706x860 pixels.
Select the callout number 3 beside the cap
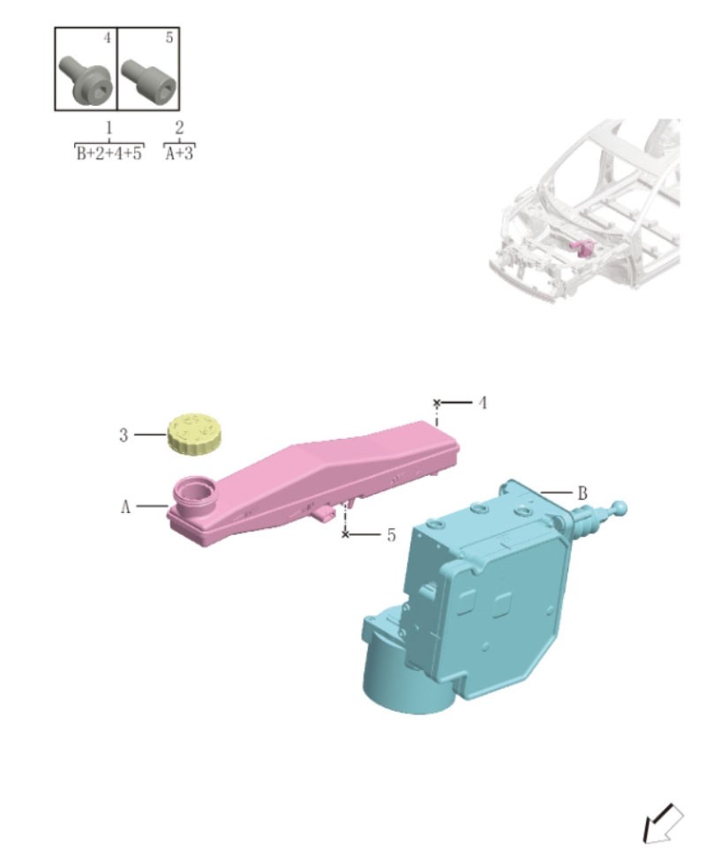[x=124, y=434]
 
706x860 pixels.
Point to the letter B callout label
[x=582, y=493]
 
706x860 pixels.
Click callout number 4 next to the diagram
[x=483, y=403]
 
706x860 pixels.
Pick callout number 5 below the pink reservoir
[x=391, y=535]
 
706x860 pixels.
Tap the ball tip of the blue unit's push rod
[x=619, y=508]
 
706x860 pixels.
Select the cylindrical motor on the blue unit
[x=406, y=675]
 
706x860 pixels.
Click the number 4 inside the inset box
[x=107, y=39]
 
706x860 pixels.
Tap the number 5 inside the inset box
[x=169, y=39]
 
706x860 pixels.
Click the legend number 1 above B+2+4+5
[x=109, y=129]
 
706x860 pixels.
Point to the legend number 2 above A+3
[x=179, y=129]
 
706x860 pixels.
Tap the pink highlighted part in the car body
[x=581, y=248]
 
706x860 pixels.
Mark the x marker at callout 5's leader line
[x=345, y=535]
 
